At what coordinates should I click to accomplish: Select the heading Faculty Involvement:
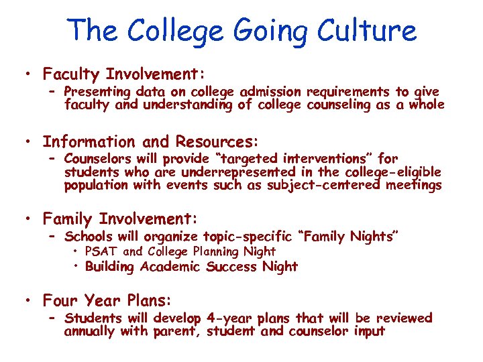tap(123, 74)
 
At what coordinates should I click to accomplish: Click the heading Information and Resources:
tap(150, 141)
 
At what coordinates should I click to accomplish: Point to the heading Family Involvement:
tap(120, 219)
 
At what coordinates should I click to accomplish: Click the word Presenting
tap(98, 92)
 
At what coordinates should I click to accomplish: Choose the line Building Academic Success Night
tap(191, 267)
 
